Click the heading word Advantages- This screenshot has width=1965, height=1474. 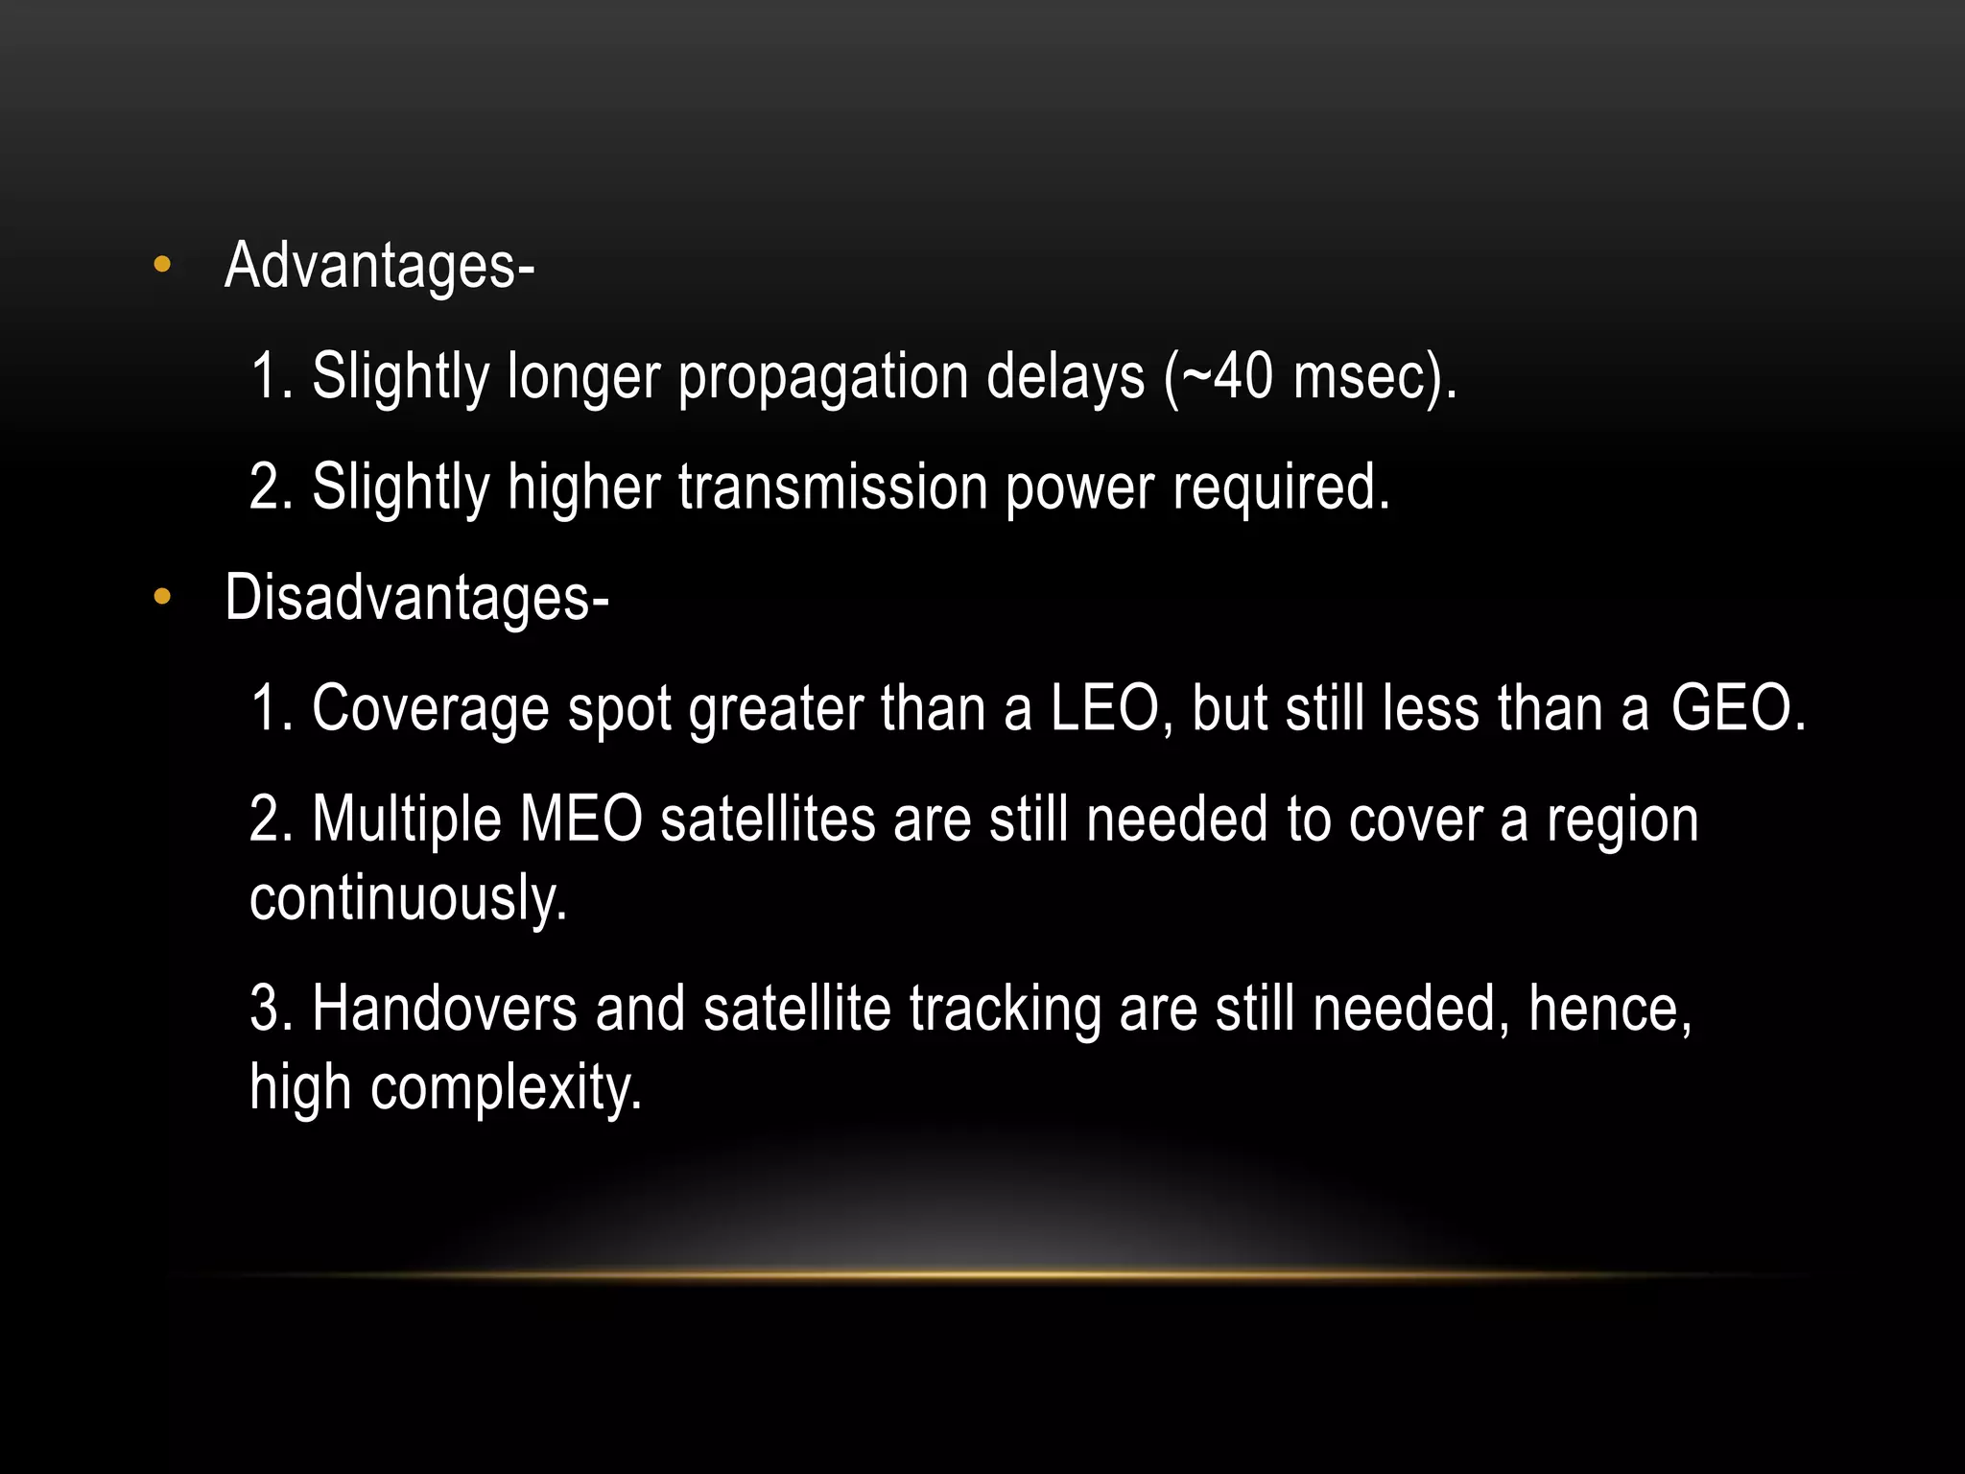(x=379, y=266)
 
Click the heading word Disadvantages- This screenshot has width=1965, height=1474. (x=416, y=598)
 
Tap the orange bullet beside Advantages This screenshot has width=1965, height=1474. (x=162, y=266)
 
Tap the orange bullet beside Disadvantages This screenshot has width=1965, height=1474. (x=162, y=598)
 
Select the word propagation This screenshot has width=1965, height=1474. (x=822, y=377)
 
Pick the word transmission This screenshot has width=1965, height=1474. (x=832, y=487)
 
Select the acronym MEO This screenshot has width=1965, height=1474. (x=580, y=820)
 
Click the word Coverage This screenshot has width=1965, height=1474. (x=431, y=711)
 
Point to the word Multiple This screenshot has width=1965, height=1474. (x=407, y=820)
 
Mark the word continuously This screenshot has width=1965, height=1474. (x=408, y=899)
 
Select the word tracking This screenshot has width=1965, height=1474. (x=1005, y=1010)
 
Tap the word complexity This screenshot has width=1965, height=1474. (x=506, y=1089)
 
